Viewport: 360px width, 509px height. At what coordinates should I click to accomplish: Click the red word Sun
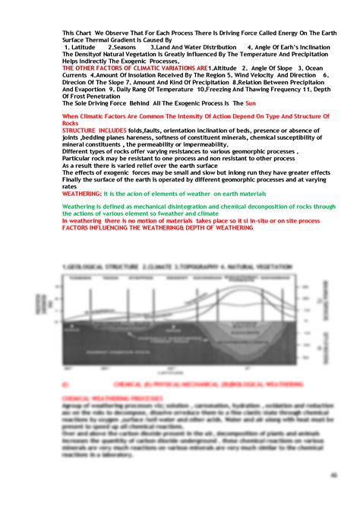[253, 103]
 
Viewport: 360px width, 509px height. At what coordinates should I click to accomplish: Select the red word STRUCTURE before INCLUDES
[84, 130]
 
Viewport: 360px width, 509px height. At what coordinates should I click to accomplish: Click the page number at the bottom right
[333, 475]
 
